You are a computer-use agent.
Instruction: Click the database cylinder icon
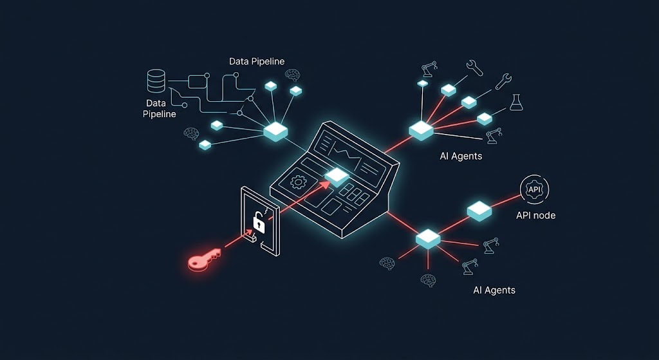(156, 81)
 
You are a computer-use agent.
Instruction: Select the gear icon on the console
(297, 182)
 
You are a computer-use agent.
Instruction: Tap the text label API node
(536, 216)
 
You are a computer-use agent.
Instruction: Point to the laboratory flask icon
(516, 102)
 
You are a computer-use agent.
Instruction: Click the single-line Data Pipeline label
(257, 61)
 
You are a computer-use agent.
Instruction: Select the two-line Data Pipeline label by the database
(160, 108)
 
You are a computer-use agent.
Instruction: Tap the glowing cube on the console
(337, 176)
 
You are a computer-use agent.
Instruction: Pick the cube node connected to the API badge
(479, 211)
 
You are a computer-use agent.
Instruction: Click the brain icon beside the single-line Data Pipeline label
(292, 75)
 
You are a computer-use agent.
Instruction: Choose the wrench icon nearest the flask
(503, 81)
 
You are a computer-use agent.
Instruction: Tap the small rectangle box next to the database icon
(196, 82)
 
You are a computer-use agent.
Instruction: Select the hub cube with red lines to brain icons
(428, 238)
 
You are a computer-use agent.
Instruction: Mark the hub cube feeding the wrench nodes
(421, 130)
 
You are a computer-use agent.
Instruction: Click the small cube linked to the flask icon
(484, 118)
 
